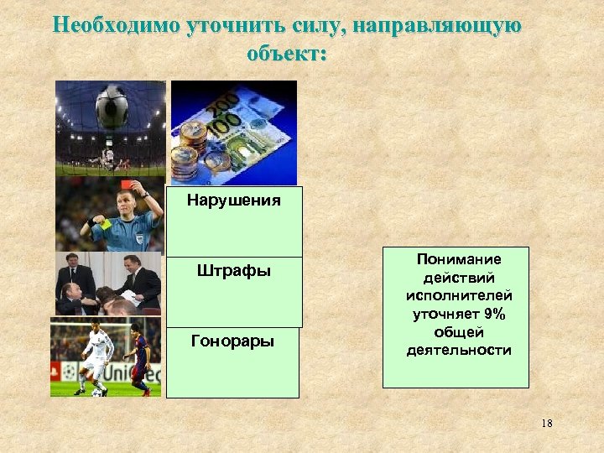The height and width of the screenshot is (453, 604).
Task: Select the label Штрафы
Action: [233, 271]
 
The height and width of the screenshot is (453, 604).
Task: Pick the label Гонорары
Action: [233, 341]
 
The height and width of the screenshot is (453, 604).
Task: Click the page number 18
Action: [546, 424]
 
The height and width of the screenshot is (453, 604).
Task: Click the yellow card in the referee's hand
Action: [105, 223]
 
